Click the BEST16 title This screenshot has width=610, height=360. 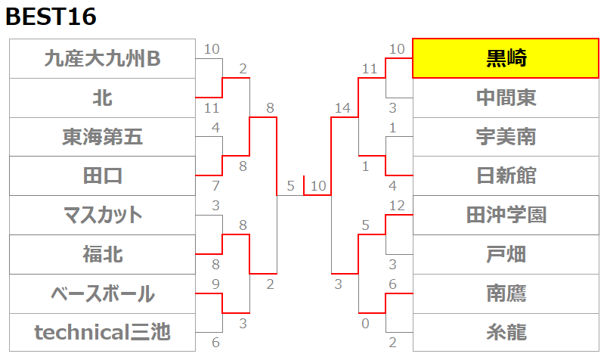click(51, 17)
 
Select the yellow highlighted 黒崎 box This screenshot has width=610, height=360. click(506, 57)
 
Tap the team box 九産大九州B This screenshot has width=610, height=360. click(102, 58)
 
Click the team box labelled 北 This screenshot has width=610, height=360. click(102, 98)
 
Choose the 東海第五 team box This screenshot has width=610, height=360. click(102, 137)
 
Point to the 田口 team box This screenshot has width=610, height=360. click(102, 176)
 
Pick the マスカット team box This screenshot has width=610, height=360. click(102, 215)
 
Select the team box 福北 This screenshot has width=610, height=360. click(102, 254)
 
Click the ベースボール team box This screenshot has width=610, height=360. click(102, 293)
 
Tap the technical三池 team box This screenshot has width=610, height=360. click(102, 332)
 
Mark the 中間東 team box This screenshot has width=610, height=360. click(506, 98)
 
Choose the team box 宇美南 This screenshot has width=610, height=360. click(506, 137)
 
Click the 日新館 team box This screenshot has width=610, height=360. click(506, 176)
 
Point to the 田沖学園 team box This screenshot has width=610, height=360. click(506, 215)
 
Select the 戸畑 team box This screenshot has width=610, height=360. click(506, 254)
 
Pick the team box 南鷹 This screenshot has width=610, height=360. click(506, 293)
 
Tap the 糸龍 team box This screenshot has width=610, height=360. click(506, 332)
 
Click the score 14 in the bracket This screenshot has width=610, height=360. click(342, 109)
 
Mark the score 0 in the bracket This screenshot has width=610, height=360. click(366, 323)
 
